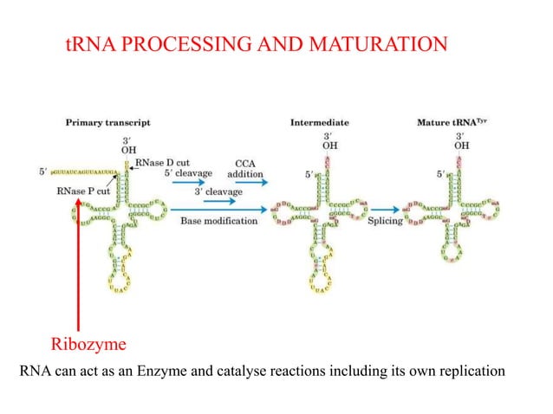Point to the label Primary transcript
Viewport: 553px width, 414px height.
tap(108, 123)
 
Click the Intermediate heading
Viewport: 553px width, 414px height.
tap(320, 123)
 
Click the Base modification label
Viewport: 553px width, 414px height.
tap(219, 222)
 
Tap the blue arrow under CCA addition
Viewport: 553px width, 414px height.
tap(246, 183)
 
